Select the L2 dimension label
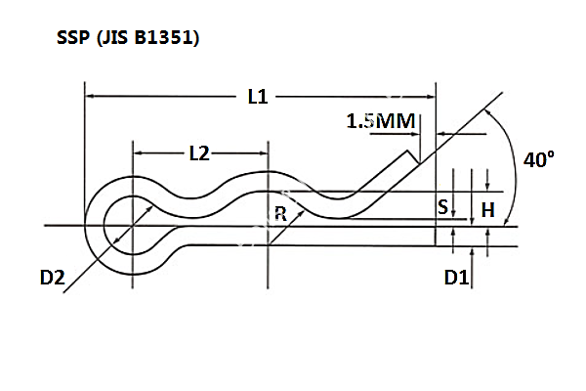198,153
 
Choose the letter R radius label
280,215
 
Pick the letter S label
442,207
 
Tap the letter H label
488,208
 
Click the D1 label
456,278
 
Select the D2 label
54,278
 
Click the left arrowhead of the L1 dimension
90,97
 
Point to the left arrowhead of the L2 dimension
138,153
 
